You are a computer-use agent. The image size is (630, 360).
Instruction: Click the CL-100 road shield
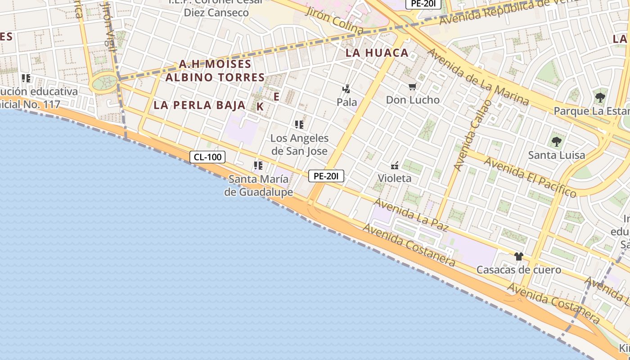[x=207, y=157]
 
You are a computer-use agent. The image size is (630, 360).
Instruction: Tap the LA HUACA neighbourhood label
[x=377, y=53]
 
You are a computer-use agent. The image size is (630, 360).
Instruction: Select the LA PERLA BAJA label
[x=199, y=105]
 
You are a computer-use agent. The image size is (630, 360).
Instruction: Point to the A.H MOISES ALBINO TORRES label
[x=215, y=71]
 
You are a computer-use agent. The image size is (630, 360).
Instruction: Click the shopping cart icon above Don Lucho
[x=413, y=86]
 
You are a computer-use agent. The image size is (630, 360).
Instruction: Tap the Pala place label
[x=346, y=102]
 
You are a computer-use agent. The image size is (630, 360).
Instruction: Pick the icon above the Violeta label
[x=395, y=166]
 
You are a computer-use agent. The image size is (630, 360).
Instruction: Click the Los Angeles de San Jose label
[x=299, y=144]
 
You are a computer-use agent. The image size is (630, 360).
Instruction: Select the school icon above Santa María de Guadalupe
[x=258, y=166]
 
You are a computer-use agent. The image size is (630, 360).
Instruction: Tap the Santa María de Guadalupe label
[x=259, y=186]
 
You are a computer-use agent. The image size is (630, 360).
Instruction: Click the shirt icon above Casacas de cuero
[x=518, y=256]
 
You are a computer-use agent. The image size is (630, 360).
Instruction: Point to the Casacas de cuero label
[x=518, y=270]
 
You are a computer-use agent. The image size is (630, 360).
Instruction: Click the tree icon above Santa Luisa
[x=557, y=142]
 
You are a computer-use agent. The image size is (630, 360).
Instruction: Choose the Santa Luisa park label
[x=557, y=155]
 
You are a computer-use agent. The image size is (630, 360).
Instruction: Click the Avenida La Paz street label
[x=411, y=215]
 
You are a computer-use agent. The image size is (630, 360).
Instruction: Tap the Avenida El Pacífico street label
[x=530, y=177]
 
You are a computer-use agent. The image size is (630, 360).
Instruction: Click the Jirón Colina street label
[x=334, y=20]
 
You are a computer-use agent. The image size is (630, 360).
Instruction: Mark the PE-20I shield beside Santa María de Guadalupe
[x=326, y=176]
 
